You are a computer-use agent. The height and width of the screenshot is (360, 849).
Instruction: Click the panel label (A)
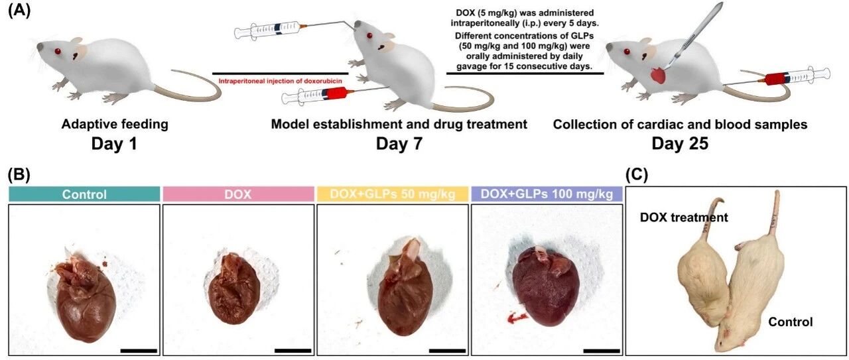pos(19,11)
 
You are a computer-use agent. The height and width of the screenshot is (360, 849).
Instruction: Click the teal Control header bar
pos(84,194)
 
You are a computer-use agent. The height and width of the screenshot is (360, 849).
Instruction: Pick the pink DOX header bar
pos(238,194)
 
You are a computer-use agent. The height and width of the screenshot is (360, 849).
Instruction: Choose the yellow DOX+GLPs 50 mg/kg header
pos(392,194)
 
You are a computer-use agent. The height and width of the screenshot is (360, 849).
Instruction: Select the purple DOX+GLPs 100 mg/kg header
pos(547,194)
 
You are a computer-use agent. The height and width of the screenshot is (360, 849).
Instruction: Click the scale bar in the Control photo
pos(139,351)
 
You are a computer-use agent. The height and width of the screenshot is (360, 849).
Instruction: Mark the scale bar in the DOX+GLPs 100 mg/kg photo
pos(601,351)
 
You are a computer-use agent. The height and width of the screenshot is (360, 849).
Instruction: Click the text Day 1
pos(114,144)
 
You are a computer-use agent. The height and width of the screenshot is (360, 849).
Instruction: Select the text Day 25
pos(680,144)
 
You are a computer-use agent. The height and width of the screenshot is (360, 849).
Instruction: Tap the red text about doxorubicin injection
pos(280,81)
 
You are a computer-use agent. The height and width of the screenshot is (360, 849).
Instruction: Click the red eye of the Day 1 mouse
pos(58,51)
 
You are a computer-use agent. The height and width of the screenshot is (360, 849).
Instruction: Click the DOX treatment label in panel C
pos(684,217)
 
